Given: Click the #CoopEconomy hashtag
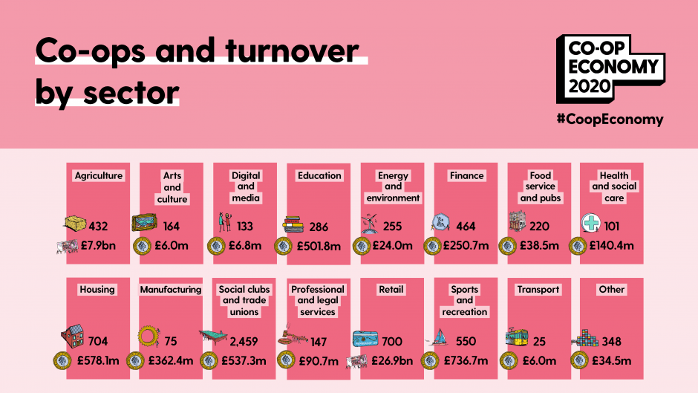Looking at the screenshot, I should click(609, 119).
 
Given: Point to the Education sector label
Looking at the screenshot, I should click(319, 176).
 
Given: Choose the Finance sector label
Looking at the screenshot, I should click(466, 176).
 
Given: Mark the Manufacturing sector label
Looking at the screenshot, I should click(171, 290).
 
